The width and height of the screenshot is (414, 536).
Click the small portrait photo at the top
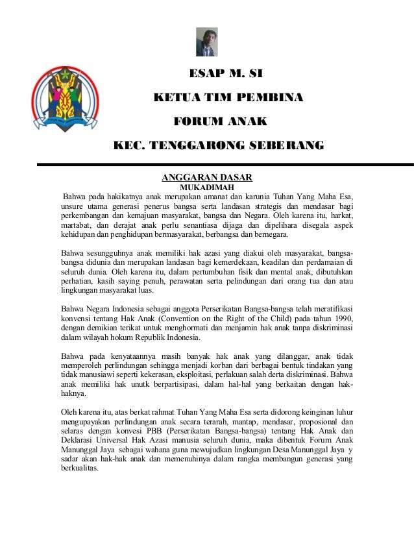coord(206,42)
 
